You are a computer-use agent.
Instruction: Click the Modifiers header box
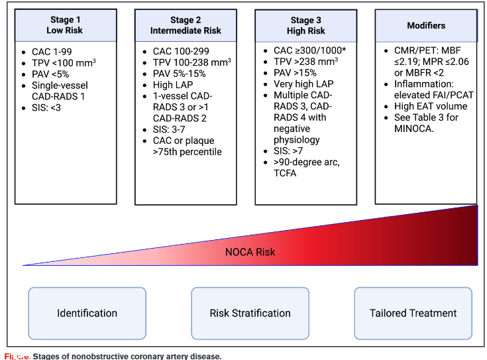(425, 25)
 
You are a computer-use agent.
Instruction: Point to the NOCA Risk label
(250, 252)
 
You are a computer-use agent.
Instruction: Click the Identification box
(87, 313)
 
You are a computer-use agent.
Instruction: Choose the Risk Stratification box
(250, 313)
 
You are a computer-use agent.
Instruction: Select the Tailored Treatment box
(413, 313)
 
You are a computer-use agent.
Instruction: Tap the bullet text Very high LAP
(303, 84)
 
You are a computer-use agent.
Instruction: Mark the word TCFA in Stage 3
(286, 174)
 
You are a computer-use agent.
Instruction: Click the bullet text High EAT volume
(431, 106)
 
